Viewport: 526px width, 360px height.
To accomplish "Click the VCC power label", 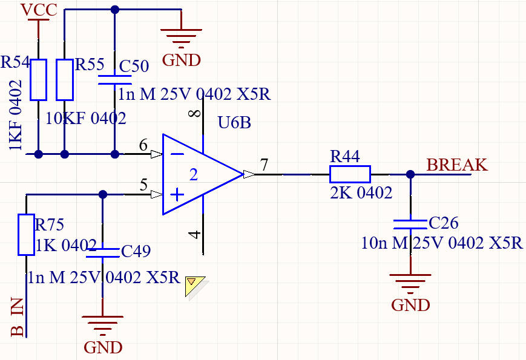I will pyautogui.click(x=39, y=10).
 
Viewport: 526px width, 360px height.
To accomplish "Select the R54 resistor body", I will pyautogui.click(x=39, y=79).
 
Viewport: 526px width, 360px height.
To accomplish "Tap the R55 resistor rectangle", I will pyautogui.click(x=65, y=79).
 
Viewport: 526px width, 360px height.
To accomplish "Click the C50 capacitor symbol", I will pyautogui.click(x=115, y=79).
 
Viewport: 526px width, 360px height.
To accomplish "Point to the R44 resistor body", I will pyautogui.click(x=349, y=174).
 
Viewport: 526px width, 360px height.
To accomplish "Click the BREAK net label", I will pyautogui.click(x=456, y=165).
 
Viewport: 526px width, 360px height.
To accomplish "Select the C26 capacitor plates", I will pyautogui.click(x=410, y=224).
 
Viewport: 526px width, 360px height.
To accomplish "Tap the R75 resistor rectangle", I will pyautogui.click(x=25, y=234).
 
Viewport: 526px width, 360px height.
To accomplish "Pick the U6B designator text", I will pyautogui.click(x=234, y=123).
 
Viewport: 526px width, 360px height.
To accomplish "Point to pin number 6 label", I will pyautogui.click(x=143, y=145).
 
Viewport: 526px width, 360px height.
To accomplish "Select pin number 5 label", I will pyautogui.click(x=143, y=185).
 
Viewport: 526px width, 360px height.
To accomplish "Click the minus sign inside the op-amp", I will pyautogui.click(x=177, y=154).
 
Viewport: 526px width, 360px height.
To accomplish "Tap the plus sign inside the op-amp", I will pyautogui.click(x=177, y=195).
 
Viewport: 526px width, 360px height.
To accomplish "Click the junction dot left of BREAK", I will pyautogui.click(x=410, y=174).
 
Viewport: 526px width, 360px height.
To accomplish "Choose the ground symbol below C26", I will pyautogui.click(x=410, y=283).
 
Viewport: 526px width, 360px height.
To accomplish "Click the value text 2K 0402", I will pyautogui.click(x=361, y=193).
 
